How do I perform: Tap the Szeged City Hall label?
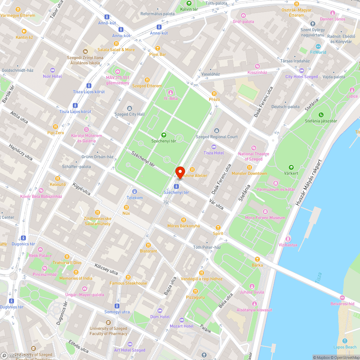[129, 114]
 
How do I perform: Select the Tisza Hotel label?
[213, 153]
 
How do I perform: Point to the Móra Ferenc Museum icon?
[265, 211]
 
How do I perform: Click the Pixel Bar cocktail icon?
[157, 48]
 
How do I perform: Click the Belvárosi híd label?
[342, 304]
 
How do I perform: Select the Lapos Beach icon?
[345, 341]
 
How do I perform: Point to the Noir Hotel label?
[53, 76]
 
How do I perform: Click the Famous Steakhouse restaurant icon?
[128, 277]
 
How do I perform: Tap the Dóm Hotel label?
[160, 317]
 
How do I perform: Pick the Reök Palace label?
[40, 256]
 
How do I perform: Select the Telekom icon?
[135, 192]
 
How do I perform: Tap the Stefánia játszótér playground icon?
[321, 115]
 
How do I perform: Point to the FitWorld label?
[318, 52]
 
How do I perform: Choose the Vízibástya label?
[288, 245]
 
